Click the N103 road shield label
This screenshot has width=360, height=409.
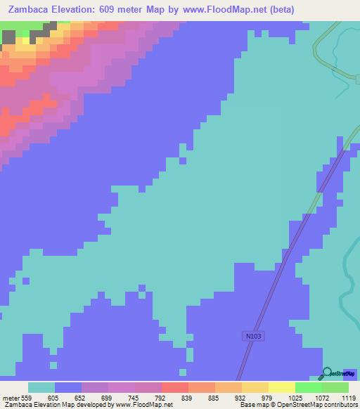pyautogui.click(x=254, y=337)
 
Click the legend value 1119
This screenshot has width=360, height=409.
pyautogui.click(x=348, y=398)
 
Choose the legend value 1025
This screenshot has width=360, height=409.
pyautogui.click(x=295, y=398)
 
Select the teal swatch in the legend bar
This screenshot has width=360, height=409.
pyautogui.click(x=41, y=387)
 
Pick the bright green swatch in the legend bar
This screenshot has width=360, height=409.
pyautogui.click(x=308, y=387)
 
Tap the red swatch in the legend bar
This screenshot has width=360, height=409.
pyautogui.click(x=174, y=387)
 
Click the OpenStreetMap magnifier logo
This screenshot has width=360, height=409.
pyautogui.click(x=328, y=374)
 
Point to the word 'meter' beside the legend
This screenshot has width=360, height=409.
pyautogui.click(x=10, y=398)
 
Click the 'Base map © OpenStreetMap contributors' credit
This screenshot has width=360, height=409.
pyautogui.click(x=298, y=405)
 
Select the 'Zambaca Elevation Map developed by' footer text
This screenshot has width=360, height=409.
pyautogui.click(x=56, y=405)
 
